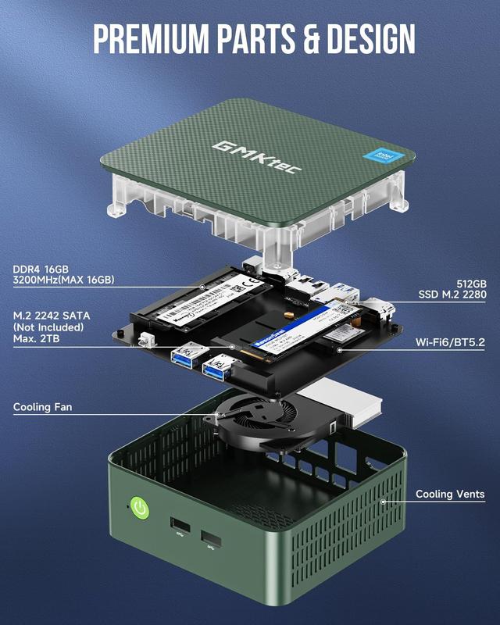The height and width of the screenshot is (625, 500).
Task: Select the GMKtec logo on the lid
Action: [x=252, y=155]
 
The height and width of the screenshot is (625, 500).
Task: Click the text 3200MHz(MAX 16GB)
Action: [x=63, y=280]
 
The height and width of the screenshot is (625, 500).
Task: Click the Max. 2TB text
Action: [x=37, y=340]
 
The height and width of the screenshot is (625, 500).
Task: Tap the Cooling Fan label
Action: [x=44, y=407]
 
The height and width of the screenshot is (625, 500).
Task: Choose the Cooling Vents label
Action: [x=449, y=494]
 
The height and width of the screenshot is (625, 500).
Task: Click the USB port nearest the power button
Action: [x=177, y=524]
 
